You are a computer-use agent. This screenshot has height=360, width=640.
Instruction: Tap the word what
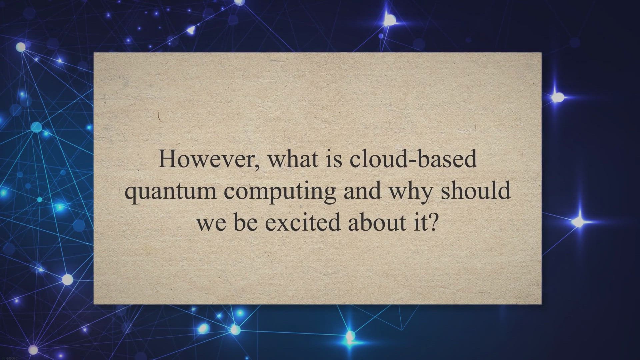(x=293, y=159)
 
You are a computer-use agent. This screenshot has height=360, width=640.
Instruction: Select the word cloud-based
(x=413, y=159)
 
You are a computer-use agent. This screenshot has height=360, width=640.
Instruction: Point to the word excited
(x=303, y=222)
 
